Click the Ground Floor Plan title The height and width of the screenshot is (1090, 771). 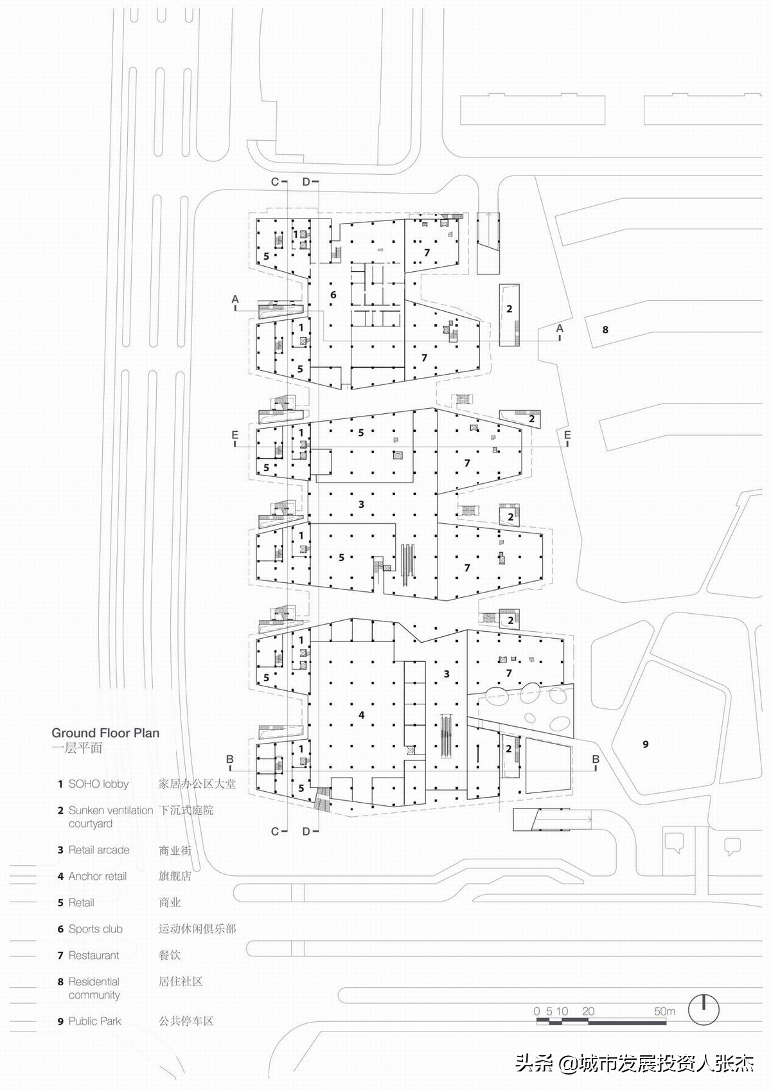105,733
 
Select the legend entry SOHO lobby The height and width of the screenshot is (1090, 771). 98,784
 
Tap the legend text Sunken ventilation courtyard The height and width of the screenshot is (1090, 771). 110,817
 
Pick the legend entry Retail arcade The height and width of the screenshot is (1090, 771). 98,850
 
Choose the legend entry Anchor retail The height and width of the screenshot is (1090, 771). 97,876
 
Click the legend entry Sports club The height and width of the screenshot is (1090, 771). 95,929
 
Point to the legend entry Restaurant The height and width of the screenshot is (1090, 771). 93,955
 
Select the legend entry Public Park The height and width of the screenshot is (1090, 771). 94,1021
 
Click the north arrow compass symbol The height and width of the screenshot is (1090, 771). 704,1010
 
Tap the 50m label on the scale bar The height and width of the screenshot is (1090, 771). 664,1011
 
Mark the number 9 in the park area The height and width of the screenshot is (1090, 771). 646,744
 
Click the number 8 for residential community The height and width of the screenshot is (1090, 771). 605,330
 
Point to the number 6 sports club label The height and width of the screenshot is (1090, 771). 333,295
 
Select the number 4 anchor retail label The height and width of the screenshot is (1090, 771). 362,715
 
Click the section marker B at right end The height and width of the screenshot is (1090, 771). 596,760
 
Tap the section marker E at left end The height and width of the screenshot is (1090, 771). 235,436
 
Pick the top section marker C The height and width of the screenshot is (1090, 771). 275,182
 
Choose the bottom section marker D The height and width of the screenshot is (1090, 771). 306,832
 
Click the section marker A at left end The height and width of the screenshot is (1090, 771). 235,299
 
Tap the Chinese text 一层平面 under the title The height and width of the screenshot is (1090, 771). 77,748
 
